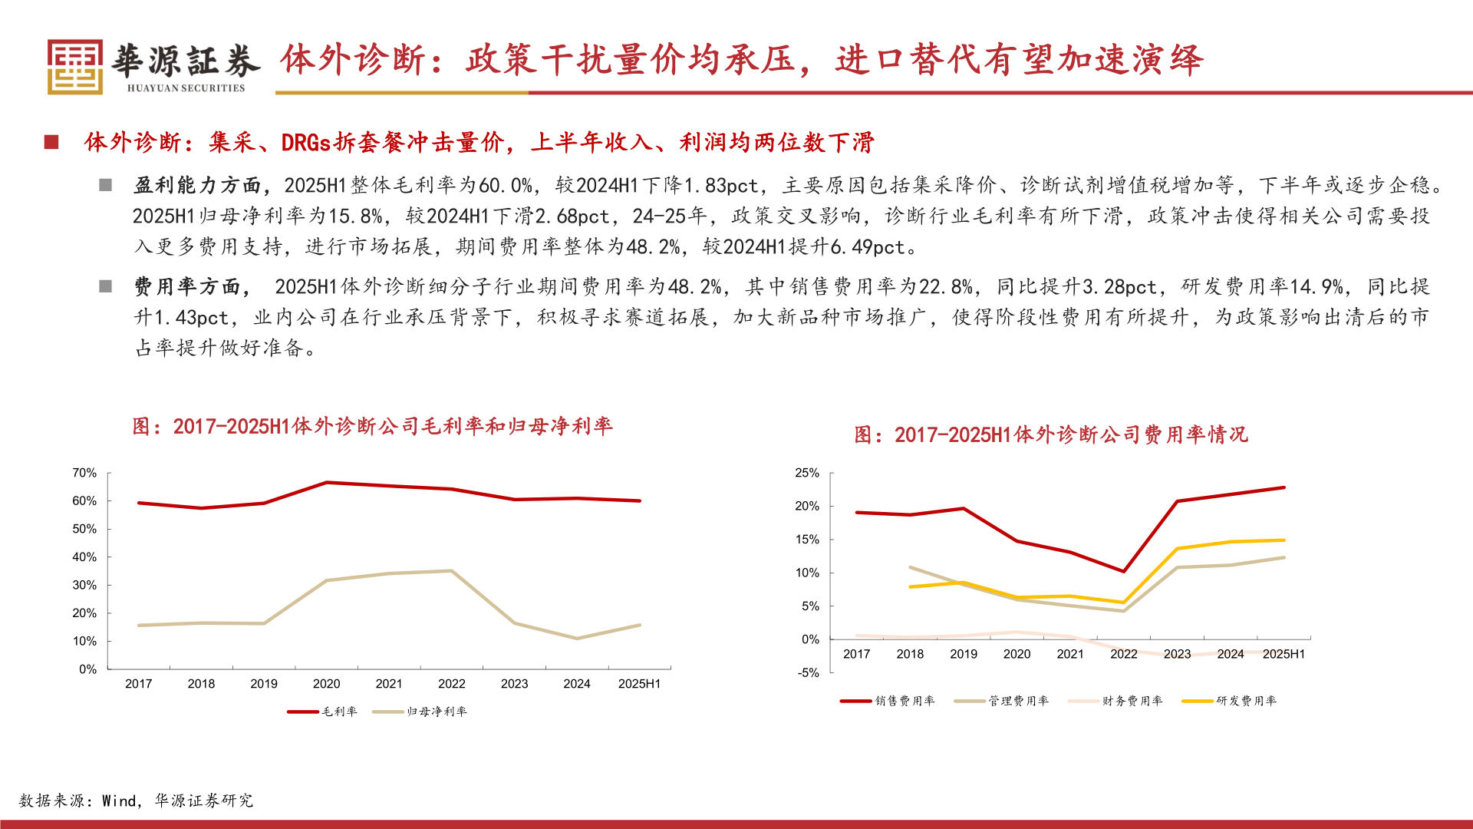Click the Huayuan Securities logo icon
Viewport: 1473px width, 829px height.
[x=74, y=67]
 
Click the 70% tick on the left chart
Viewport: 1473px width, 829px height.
[x=84, y=473]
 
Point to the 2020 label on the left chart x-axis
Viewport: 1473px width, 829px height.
[x=326, y=684]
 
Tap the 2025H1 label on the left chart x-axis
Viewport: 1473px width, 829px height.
[x=639, y=684]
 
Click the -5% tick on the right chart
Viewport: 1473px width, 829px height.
[x=808, y=672]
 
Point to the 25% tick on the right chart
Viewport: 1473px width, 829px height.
[x=807, y=473]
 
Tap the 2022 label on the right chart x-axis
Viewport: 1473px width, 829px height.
[x=1123, y=654]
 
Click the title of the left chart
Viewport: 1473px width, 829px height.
[x=372, y=426]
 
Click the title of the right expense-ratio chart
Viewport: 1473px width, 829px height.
[x=1050, y=435]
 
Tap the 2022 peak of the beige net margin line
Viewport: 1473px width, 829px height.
[x=452, y=571]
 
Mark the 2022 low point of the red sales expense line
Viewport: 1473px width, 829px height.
[x=1124, y=571]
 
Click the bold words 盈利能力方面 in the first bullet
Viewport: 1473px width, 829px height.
[x=197, y=185]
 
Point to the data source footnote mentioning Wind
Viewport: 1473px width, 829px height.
[x=136, y=801]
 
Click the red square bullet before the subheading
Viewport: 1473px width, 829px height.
[x=51, y=142]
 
